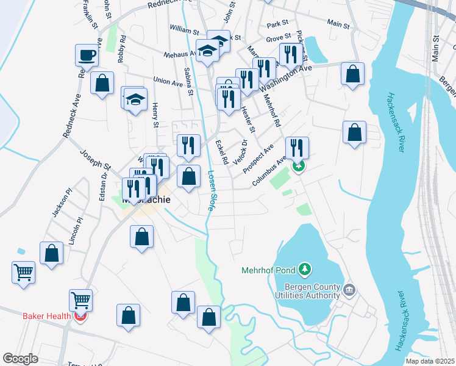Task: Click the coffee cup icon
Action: pyautogui.click(x=87, y=56)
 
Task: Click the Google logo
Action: pyautogui.click(x=21, y=359)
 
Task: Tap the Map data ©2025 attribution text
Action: pyautogui.click(x=430, y=361)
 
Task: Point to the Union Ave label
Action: pyautogui.click(x=168, y=81)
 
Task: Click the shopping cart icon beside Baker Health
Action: pyautogui.click(x=80, y=300)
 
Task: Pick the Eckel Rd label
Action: pyautogui.click(x=222, y=152)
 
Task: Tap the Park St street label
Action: pyautogui.click(x=277, y=24)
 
